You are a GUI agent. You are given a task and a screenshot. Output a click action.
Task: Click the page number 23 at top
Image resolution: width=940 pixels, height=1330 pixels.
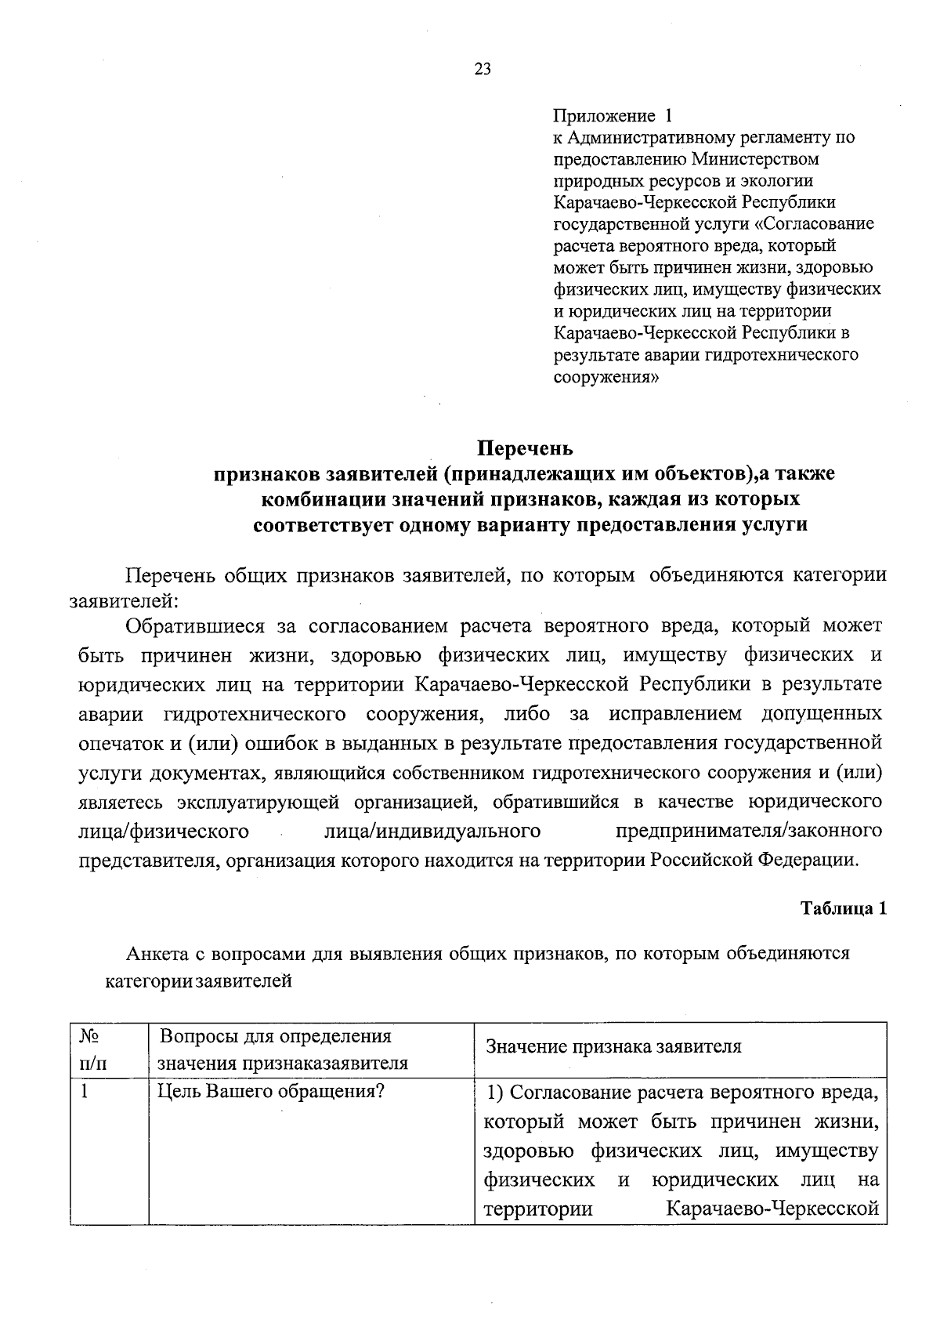coord(483,69)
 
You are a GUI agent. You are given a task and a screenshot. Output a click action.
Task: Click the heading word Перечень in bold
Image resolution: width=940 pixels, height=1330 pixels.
coord(525,448)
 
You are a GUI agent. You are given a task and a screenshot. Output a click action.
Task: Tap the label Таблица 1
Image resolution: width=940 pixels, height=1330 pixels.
coord(843,908)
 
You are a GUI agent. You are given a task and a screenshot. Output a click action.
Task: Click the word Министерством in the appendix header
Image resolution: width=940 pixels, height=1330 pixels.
coord(755,159)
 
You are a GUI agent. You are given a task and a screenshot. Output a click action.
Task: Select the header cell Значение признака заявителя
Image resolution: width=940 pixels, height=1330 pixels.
coord(613,1047)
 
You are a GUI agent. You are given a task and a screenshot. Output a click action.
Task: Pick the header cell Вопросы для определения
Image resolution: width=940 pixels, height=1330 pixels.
coord(276,1037)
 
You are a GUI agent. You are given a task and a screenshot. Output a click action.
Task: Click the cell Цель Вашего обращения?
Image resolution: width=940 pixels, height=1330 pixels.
coord(270,1091)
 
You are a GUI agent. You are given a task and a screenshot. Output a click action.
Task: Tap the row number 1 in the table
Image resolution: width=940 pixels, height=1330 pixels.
coord(85,1091)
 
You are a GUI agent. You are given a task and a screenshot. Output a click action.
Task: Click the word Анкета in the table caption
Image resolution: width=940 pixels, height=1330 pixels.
coord(156,954)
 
